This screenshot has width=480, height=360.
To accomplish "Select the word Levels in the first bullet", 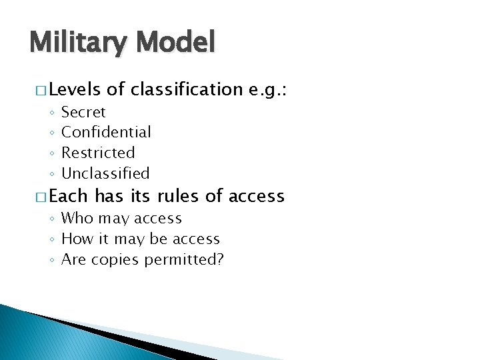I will coord(74,89).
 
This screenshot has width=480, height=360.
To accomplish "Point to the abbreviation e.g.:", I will coord(266,89).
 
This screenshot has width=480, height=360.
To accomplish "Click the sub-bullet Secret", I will coord(83,112).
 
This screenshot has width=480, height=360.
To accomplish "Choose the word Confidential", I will coord(106,132).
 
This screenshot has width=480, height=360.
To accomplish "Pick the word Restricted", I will coord(98,153).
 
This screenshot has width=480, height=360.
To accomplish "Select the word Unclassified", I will coord(105,173).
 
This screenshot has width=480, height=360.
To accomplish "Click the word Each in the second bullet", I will coord(68,196).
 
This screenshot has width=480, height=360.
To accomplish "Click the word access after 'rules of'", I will coord(256,197).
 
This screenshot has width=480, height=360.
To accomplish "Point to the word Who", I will coord(75,218).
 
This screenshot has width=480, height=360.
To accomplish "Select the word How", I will coord(75,239).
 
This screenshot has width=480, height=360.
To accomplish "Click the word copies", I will coord(113,259).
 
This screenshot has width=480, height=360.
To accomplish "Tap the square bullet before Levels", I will coord(39,89).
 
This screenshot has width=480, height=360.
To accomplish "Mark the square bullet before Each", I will coord(39,197).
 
